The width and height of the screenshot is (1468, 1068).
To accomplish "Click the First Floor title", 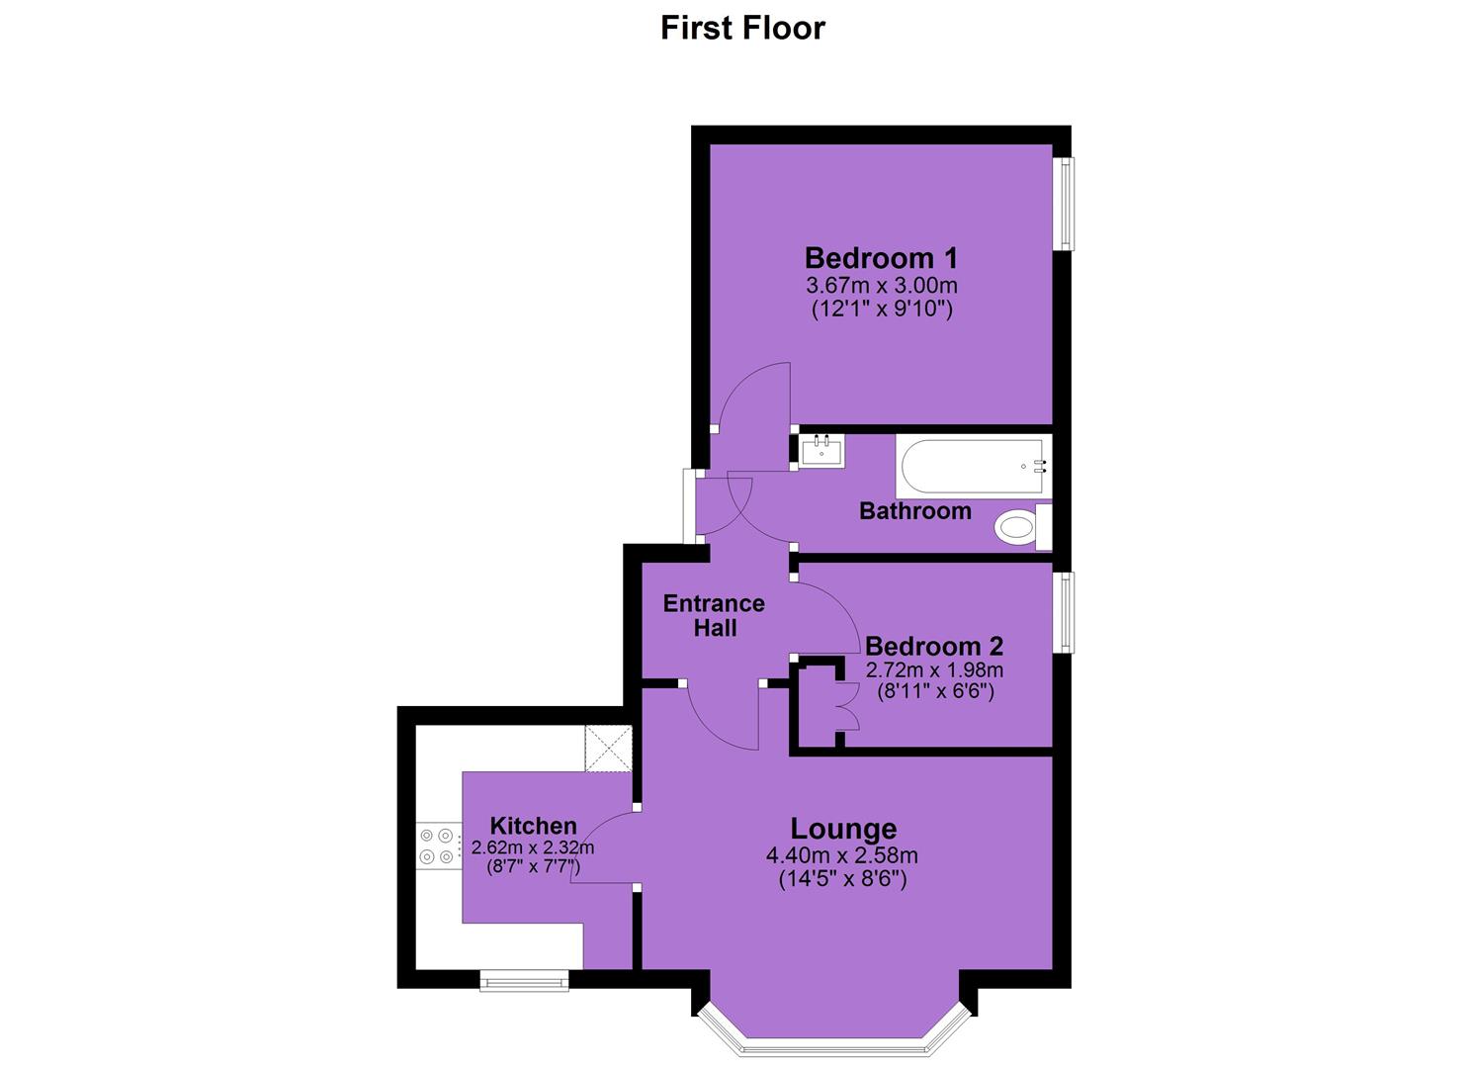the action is pos(742,29).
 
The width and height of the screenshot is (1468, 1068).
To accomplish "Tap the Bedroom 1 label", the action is pos(881,258).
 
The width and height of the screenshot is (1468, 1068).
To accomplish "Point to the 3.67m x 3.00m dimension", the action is pos(882,286).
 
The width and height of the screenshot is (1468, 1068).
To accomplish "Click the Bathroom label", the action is pos(914,510).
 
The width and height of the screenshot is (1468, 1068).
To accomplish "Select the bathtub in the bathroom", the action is pos(973,468).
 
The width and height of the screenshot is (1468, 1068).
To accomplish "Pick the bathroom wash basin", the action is pos(821,450).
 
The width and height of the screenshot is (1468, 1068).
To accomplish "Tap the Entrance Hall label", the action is pos(714,616).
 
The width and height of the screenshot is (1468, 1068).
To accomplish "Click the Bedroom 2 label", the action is pos(934,647).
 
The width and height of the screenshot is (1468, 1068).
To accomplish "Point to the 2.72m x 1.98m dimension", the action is pos(934,670).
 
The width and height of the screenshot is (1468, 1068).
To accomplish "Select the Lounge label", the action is pos(843,829).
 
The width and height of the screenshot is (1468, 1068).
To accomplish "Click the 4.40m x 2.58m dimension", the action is pos(842,855).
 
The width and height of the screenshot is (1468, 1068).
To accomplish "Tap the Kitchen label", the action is pos(534,826).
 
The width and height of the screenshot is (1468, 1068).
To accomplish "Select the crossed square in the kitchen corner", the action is pos(608,748).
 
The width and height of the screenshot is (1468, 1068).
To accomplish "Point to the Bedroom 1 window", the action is pos(1064,204).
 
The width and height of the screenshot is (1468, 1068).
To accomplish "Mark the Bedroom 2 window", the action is pos(1064,612).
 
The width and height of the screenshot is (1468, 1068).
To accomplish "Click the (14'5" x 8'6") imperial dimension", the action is pos(843,878).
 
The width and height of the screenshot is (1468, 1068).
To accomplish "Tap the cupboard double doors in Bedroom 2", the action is pos(848,706).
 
